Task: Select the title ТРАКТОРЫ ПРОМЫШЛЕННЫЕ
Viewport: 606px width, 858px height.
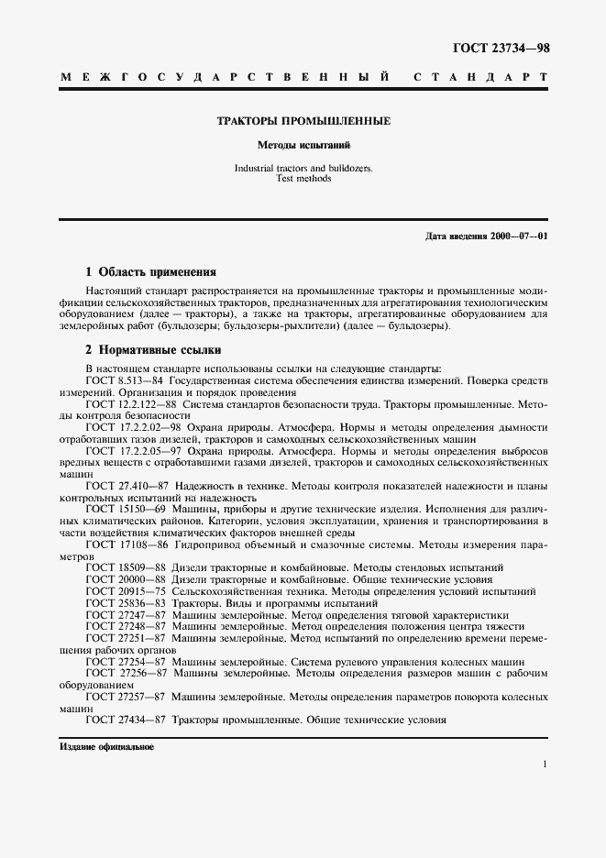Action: coord(303,121)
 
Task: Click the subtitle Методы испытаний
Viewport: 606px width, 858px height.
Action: coord(303,145)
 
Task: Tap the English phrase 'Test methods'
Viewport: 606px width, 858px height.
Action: coord(303,179)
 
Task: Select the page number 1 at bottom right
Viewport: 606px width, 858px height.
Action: coord(545,764)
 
